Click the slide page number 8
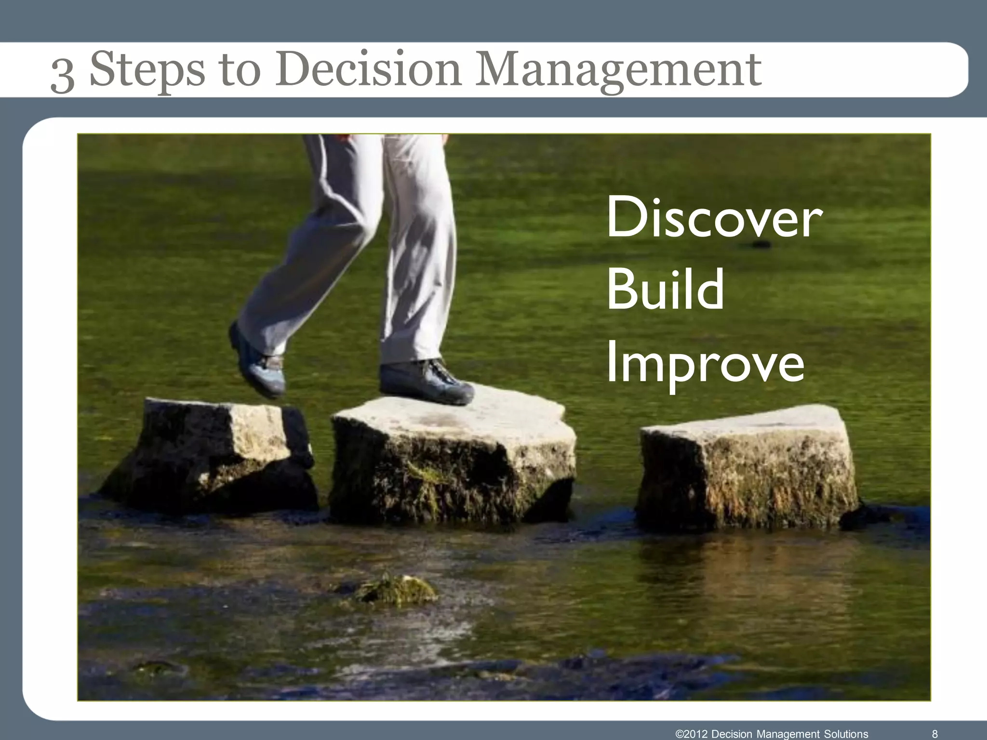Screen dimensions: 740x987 click(x=935, y=734)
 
